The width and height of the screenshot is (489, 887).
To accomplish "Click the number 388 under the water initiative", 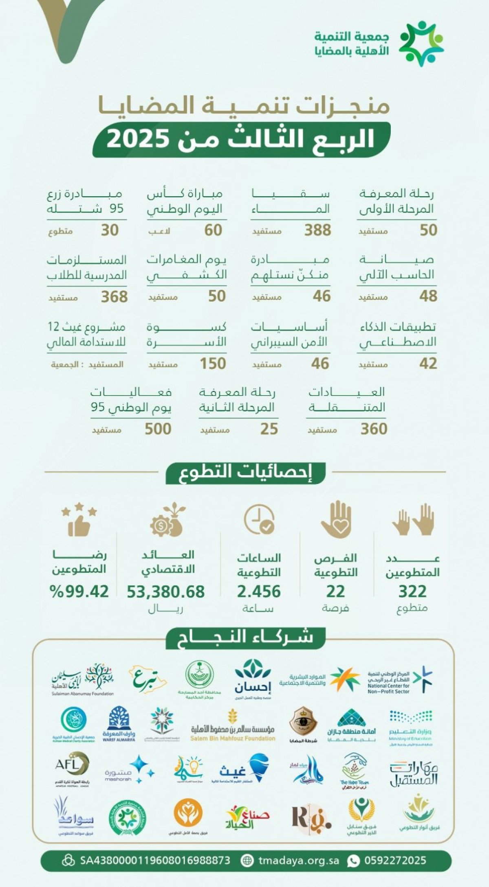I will (x=317, y=230).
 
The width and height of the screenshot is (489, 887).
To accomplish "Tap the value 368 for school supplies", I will (x=114, y=297).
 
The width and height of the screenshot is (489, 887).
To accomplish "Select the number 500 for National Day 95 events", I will (x=158, y=429).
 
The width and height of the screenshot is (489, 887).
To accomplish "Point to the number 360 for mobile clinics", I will (x=374, y=429).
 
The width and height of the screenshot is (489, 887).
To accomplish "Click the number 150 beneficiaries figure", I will (x=213, y=364).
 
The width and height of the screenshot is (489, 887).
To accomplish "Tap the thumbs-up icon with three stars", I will (x=79, y=519).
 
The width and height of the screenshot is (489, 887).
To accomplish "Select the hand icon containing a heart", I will (x=336, y=519).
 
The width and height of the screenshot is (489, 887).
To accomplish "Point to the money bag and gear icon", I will (x=168, y=520).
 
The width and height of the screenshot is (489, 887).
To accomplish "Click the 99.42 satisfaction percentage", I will (x=79, y=591).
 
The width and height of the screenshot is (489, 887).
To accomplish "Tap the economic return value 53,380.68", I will (x=165, y=591).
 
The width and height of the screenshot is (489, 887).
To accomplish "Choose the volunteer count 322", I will (x=412, y=591).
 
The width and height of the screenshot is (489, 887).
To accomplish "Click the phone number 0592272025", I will (x=395, y=860).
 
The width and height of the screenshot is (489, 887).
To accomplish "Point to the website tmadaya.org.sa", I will (x=298, y=860).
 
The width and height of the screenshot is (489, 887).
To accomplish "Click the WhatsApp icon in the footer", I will (x=353, y=861).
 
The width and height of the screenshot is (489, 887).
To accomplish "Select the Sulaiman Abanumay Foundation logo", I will (x=83, y=679).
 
